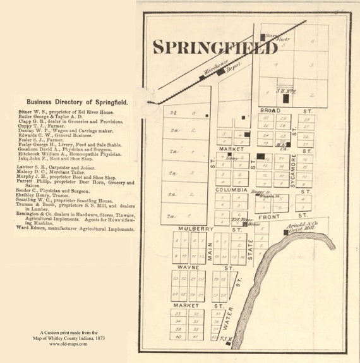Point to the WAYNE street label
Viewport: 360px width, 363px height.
pyautogui.click(x=188, y=268)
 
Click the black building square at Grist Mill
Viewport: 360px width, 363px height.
pyautogui.click(x=286, y=232)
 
